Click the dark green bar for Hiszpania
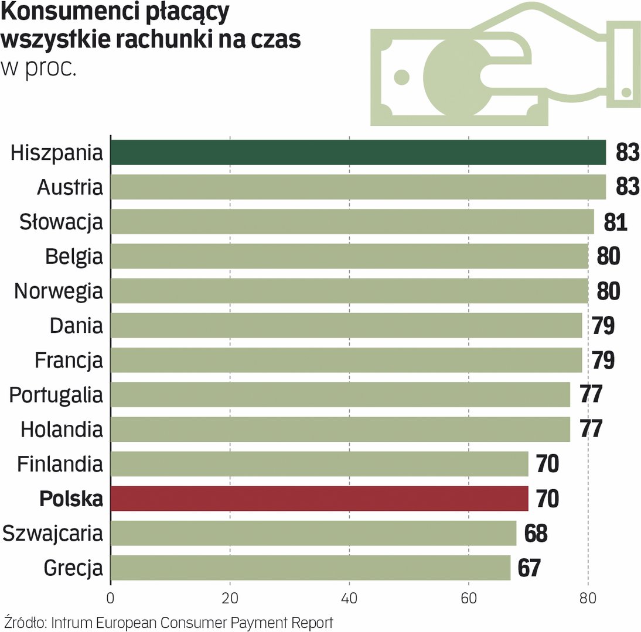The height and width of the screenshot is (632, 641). click(357, 153)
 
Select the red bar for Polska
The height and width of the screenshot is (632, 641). click(319, 499)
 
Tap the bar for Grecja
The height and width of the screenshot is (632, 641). click(311, 568)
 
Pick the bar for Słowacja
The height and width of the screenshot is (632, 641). click(352, 222)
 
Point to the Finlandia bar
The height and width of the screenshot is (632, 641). click(319, 464)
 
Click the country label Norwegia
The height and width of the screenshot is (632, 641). click(59, 291)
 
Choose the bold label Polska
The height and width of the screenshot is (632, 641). click(71, 499)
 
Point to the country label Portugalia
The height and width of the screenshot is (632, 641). click(56, 395)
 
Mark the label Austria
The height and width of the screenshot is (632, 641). click(70, 188)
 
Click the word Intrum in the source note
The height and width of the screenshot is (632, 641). click(71, 621)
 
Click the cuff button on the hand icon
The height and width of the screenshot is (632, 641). click(626, 92)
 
